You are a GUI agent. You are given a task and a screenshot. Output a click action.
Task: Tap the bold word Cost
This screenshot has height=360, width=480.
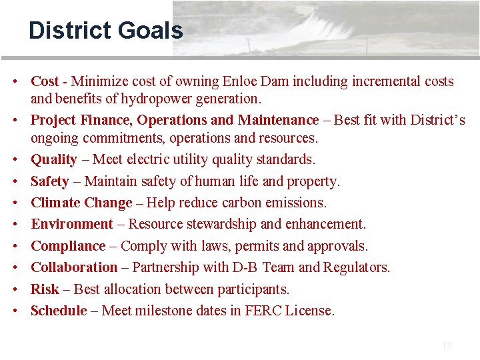pyautogui.click(x=45, y=81)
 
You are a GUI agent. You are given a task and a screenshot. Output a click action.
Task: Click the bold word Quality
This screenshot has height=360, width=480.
pyautogui.click(x=54, y=159)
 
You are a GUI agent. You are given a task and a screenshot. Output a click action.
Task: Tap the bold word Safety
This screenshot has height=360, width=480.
pyautogui.click(x=50, y=181)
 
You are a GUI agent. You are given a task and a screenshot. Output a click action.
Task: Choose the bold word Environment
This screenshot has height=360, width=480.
pyautogui.click(x=72, y=224)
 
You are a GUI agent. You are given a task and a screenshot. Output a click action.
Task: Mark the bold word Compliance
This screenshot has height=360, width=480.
pyautogui.click(x=68, y=245)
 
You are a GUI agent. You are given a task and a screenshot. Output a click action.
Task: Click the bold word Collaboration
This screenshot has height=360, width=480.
pyautogui.click(x=74, y=267)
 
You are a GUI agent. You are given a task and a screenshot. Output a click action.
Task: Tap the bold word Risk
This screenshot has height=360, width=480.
pyautogui.click(x=45, y=289)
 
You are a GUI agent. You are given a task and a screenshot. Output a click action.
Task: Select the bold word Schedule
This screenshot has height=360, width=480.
pyautogui.click(x=59, y=311)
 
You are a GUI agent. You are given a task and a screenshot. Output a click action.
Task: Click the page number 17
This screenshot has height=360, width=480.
pyautogui.click(x=447, y=345)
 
